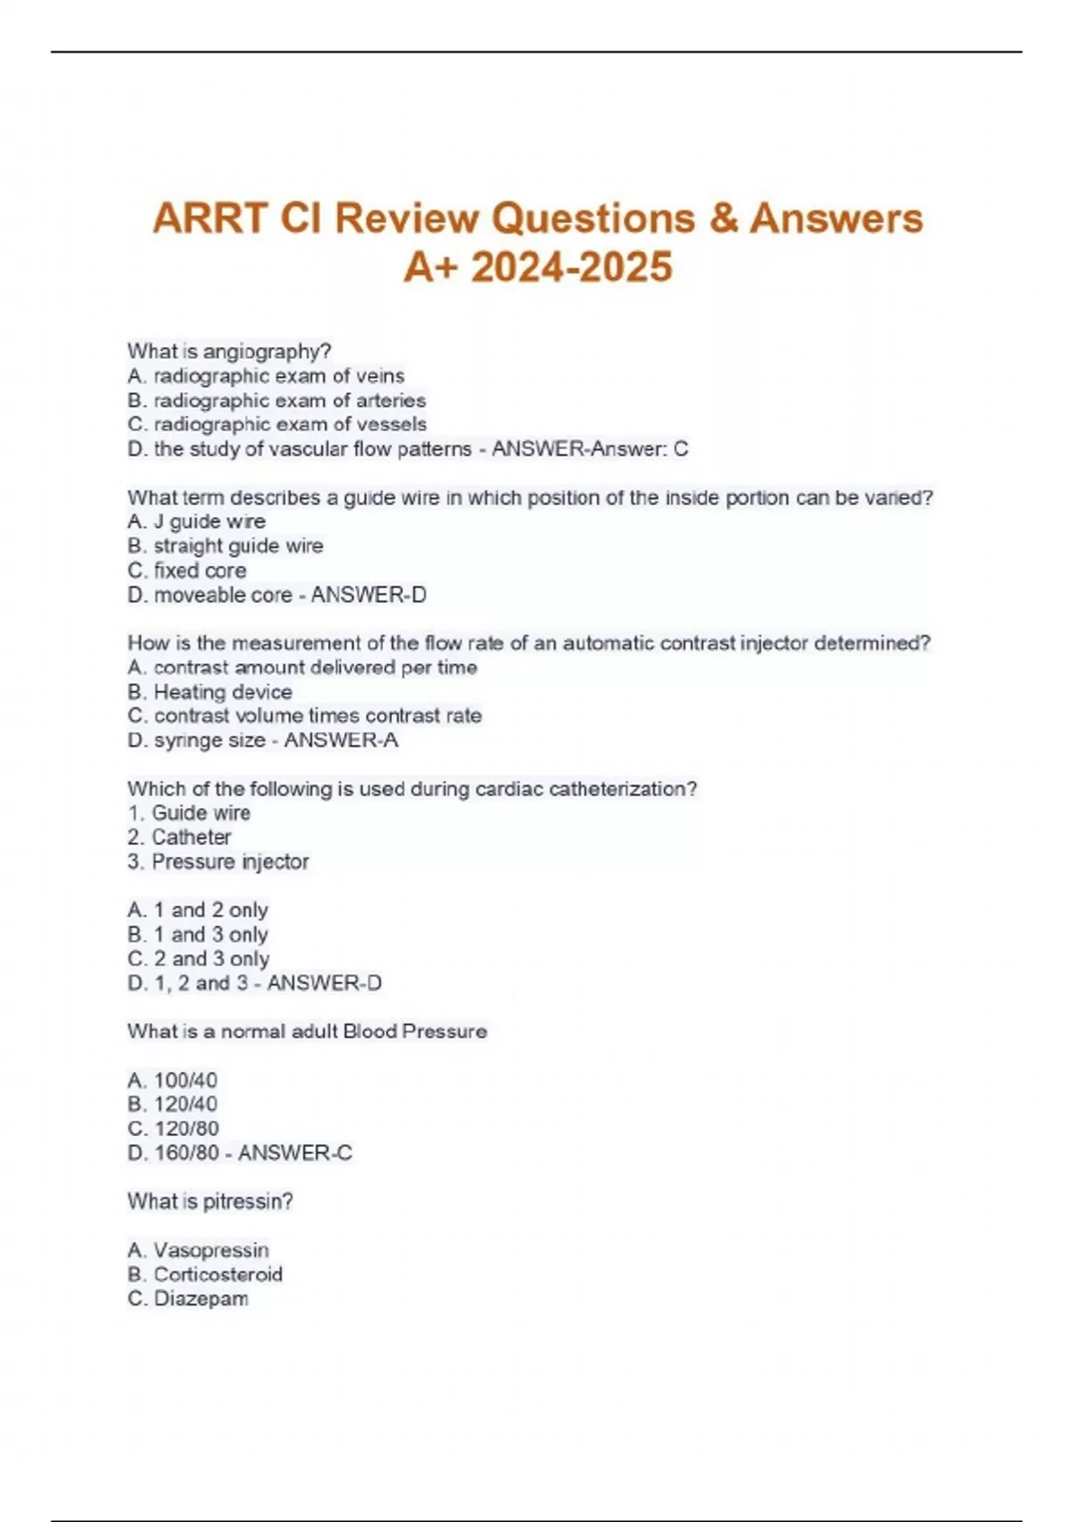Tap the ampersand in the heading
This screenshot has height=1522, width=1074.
[721, 218]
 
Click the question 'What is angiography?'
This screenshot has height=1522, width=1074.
[229, 351]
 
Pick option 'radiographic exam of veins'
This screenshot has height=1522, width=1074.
[278, 376]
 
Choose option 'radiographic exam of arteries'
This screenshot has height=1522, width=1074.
[289, 400]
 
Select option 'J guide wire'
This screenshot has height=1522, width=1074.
[209, 521]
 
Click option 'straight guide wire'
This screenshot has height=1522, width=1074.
[238, 545]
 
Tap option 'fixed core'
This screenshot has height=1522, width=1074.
[200, 570]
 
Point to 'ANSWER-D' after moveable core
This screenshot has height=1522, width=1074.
[368, 594]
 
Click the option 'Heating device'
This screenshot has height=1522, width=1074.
[223, 692]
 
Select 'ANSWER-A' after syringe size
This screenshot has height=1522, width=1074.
[341, 740]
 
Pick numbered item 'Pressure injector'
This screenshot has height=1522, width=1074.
[230, 861]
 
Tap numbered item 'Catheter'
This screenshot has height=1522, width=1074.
[192, 837]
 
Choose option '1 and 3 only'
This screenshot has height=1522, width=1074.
[210, 935]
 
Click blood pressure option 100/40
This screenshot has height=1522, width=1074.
[185, 1081]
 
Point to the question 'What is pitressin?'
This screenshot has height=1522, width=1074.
[210, 1201]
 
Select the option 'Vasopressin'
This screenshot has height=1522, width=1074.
[211, 1250]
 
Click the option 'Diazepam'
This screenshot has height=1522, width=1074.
[200, 1298]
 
